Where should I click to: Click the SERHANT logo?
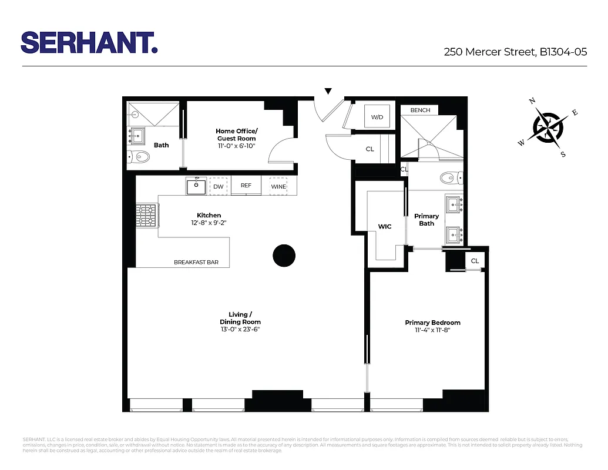tap(89, 42)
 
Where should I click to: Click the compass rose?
tap(549, 127)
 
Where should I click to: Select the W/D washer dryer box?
tap(377, 117)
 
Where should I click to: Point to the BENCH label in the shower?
tap(420, 110)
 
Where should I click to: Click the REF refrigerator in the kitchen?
tap(246, 186)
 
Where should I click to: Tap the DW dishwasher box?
tap(218, 186)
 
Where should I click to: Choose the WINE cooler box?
tap(278, 186)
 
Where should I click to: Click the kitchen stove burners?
tap(147, 215)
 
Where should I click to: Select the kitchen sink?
tap(196, 186)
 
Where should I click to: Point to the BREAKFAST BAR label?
tap(196, 262)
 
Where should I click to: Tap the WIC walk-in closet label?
tap(385, 226)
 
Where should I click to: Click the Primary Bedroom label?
tap(432, 323)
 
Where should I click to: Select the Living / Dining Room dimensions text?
tap(240, 330)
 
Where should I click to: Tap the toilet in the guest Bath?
tap(139, 156)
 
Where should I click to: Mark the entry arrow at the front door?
tap(328, 91)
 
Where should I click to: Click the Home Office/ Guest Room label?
tap(236, 135)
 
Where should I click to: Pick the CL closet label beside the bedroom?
tap(475, 261)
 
